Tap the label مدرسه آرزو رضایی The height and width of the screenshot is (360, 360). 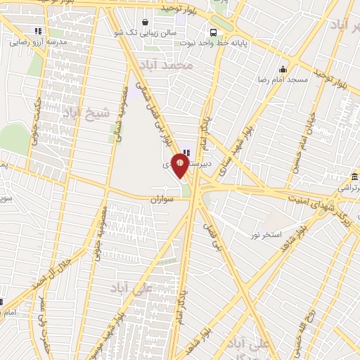click(38, 42)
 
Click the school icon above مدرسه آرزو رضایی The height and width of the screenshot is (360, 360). click(38, 31)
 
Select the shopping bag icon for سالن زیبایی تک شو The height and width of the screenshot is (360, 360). click(145, 22)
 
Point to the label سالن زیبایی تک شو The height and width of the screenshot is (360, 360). click(146, 32)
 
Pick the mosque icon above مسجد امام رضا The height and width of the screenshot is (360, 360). click(283, 69)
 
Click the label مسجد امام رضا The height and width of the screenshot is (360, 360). click(283, 80)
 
